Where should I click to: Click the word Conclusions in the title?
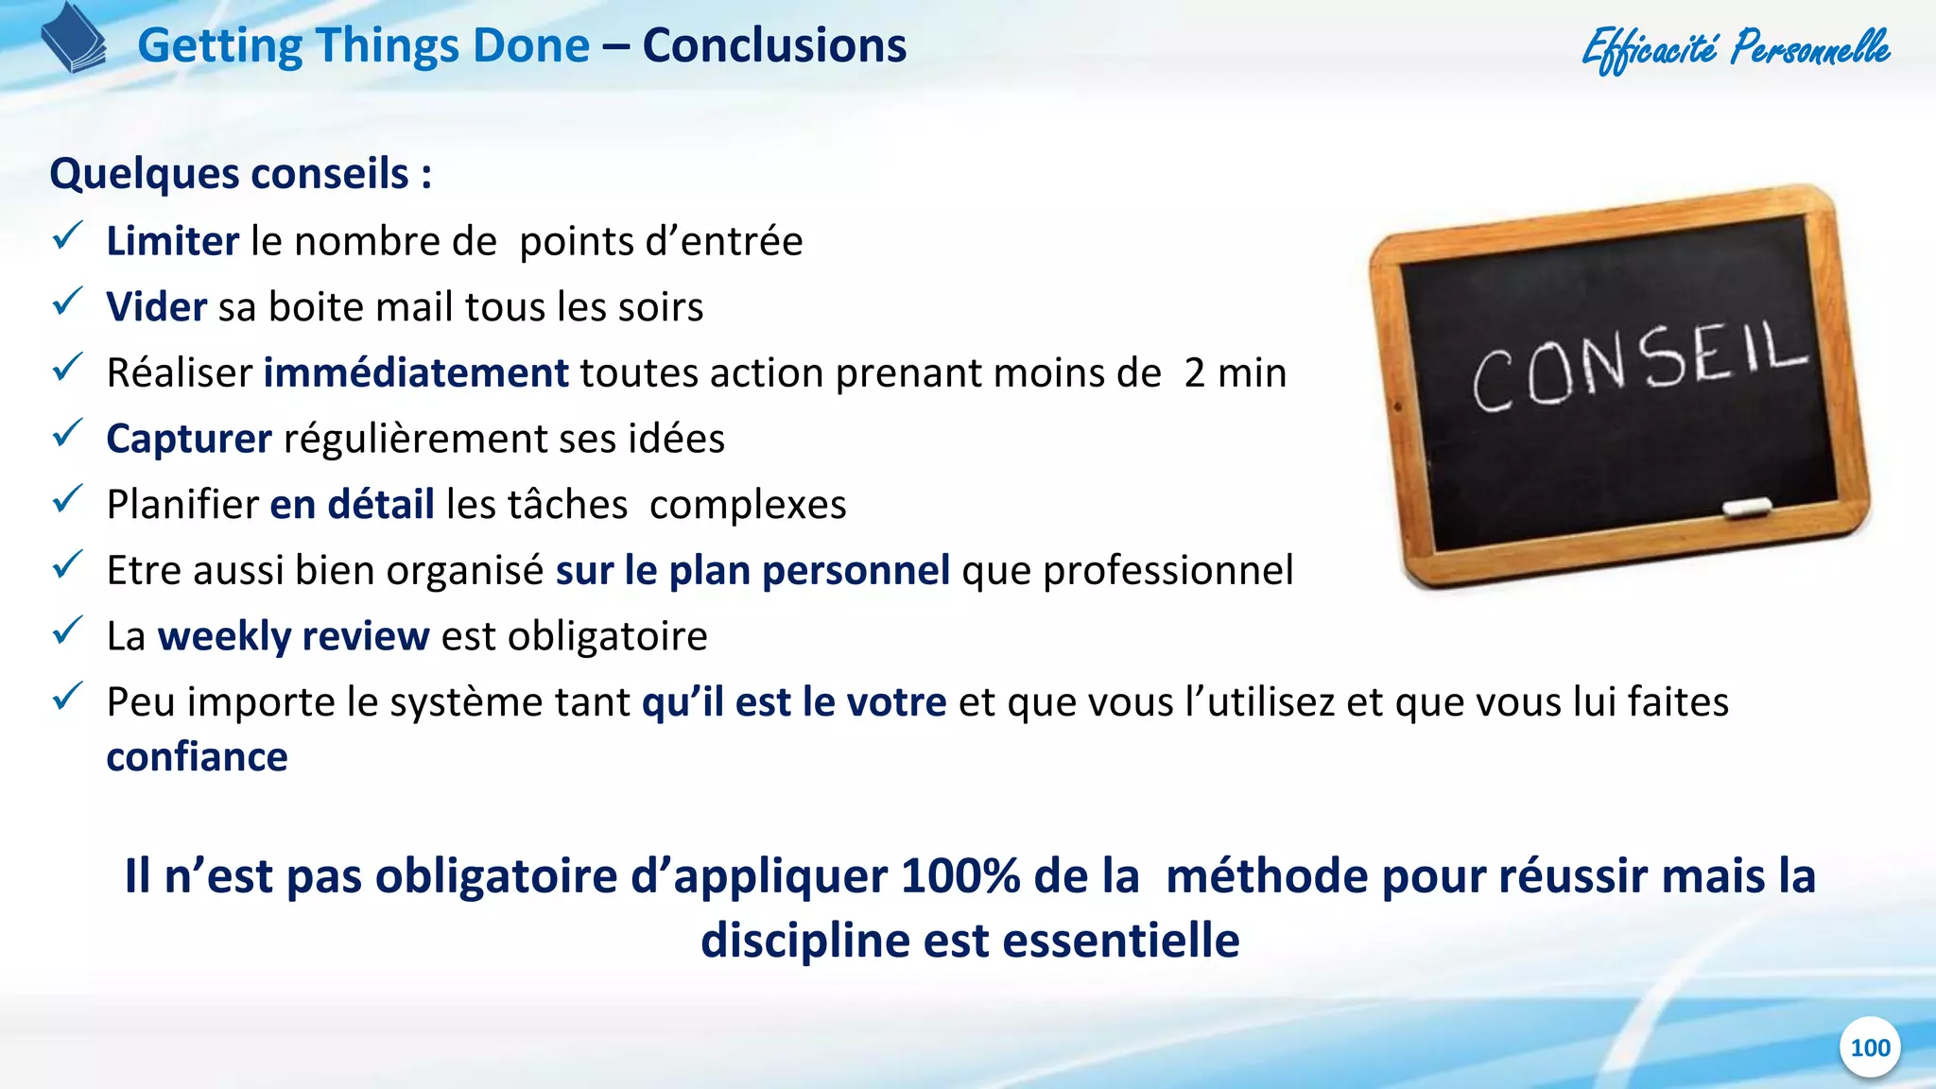pyautogui.click(x=774, y=45)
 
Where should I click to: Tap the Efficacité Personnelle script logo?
pyautogui.click(x=1736, y=47)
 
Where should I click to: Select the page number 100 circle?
pyautogui.click(x=1870, y=1047)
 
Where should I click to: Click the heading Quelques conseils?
pyautogui.click(x=240, y=174)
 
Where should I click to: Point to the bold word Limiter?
pyautogui.click(x=172, y=241)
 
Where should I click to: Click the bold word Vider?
pyautogui.click(x=156, y=307)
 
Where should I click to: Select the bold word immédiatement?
pyautogui.click(x=416, y=372)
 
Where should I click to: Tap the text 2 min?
pyautogui.click(x=1235, y=372)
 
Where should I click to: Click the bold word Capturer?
pyautogui.click(x=189, y=439)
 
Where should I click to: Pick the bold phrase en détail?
pyautogui.click(x=352, y=504)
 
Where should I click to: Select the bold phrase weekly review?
pyautogui.click(x=293, y=635)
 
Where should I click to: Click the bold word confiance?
pyautogui.click(x=197, y=757)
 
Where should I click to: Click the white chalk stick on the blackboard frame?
pyautogui.click(x=1747, y=507)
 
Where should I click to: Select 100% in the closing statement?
pyautogui.click(x=959, y=875)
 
